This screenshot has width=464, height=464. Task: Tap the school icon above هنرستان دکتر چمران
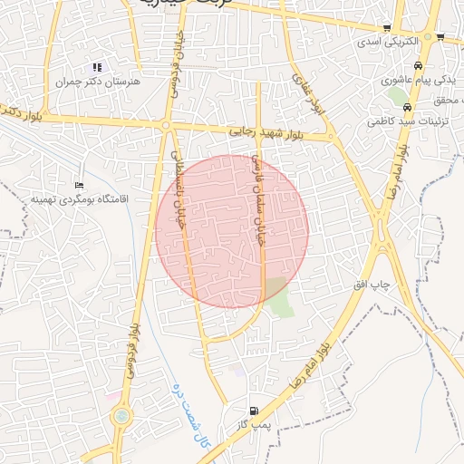[x=97, y=67]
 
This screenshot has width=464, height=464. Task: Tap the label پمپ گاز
[x=256, y=423]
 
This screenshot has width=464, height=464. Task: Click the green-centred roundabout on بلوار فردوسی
[x=120, y=416]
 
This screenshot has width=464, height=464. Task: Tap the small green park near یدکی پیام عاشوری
[x=396, y=94]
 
